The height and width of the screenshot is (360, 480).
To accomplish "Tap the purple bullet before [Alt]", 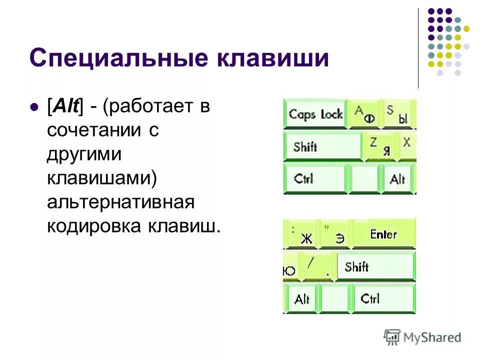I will pyautogui.click(x=34, y=107).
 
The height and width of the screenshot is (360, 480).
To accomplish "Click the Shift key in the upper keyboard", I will pyautogui.click(x=322, y=146).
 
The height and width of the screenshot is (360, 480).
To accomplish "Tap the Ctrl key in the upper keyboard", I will pyautogui.click(x=314, y=178).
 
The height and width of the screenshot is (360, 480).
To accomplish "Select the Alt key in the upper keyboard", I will pyautogui.click(x=397, y=178).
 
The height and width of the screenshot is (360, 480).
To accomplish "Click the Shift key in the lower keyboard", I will pyautogui.click(x=375, y=266).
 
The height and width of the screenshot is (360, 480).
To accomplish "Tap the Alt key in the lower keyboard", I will pyautogui.click(x=301, y=299).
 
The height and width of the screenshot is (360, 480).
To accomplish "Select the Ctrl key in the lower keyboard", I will pyautogui.click(x=383, y=298).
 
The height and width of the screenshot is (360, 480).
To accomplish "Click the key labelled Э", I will pyautogui.click(x=337, y=234).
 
